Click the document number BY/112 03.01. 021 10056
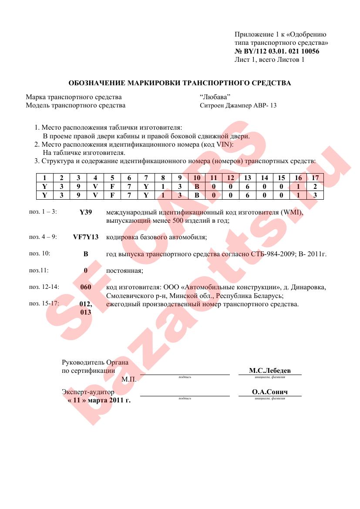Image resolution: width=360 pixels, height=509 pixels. (281, 51)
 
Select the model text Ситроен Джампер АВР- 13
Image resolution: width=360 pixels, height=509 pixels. (238, 105)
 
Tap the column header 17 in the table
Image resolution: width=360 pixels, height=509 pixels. (315, 177)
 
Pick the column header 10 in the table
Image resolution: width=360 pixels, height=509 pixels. (196, 177)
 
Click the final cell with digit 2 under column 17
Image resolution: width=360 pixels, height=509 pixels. (315, 186)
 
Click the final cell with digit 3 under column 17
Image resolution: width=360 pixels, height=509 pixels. (315, 195)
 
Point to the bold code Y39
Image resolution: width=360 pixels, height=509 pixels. (86, 212)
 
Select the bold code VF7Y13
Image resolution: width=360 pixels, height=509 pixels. (86, 237)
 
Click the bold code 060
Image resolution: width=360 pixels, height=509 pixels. (86, 287)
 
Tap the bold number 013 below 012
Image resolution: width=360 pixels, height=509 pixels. (86, 312)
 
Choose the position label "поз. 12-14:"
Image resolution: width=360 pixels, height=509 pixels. (44, 287)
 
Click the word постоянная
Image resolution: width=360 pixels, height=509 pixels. (124, 271)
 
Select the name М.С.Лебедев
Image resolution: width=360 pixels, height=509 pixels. (269, 371)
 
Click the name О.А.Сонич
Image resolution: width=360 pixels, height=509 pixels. (269, 392)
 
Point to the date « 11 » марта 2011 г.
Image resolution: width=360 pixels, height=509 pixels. (99, 400)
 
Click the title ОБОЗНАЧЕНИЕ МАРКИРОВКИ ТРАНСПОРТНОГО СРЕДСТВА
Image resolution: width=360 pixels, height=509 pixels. (180, 83)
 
